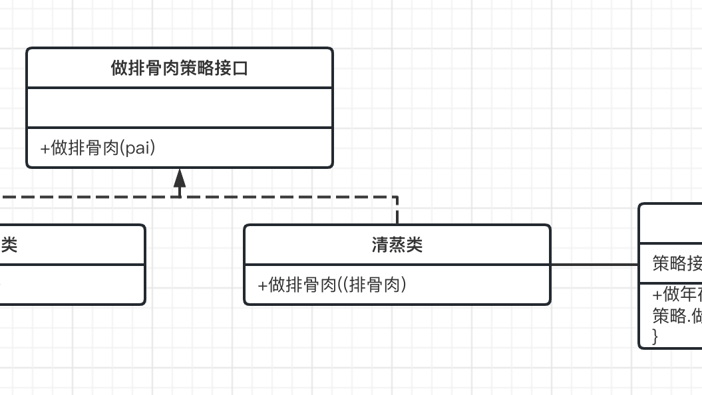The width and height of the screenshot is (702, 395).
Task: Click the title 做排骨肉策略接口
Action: [x=179, y=68]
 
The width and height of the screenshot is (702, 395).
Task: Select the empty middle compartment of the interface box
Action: [x=179, y=107]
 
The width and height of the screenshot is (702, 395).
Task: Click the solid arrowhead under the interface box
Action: [x=180, y=178]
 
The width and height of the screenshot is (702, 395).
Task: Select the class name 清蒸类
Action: [x=397, y=245]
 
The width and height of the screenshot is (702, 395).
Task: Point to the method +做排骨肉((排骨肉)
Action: [x=332, y=285]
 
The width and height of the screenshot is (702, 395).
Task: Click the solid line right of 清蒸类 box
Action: [x=594, y=265]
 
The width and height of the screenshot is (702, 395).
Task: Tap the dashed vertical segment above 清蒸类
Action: [x=397, y=211]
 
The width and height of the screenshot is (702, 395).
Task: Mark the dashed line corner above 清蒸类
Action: [x=397, y=197]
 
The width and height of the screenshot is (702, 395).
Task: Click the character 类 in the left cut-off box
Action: [x=9, y=245]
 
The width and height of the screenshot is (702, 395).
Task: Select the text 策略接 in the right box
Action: [x=677, y=264]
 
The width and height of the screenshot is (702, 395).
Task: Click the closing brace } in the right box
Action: [x=655, y=336]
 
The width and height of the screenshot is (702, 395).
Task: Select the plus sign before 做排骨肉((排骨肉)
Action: [x=262, y=285]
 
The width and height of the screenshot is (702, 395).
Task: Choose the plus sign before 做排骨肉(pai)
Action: [x=45, y=148]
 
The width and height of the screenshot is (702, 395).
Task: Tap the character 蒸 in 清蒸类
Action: [x=397, y=245]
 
